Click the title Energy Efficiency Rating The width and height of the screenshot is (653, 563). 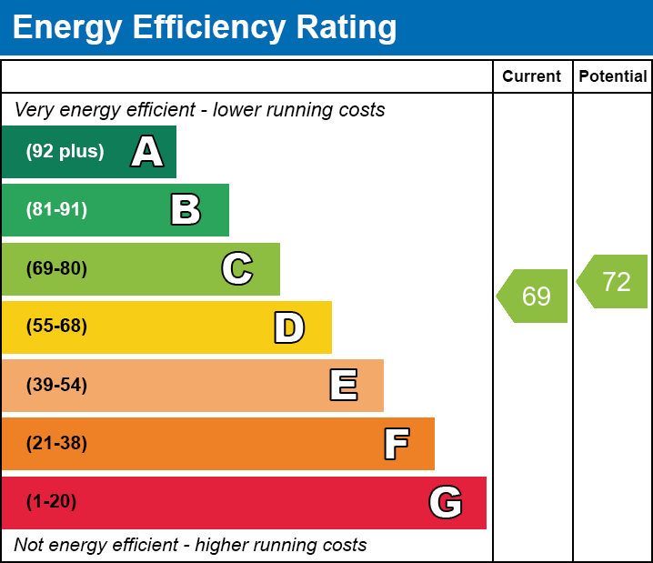pos(205,27)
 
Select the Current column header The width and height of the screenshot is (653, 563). pos(532,77)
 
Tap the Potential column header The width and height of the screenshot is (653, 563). pos(613,77)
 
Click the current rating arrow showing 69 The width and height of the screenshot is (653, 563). pos(534,296)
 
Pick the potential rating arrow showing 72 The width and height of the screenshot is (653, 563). pos(614,282)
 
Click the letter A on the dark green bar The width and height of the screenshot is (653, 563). pos(147,152)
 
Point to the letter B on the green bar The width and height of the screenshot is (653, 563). pos(186,210)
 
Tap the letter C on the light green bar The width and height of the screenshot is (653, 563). pos(237,269)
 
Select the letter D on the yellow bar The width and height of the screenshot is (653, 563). pos(289,327)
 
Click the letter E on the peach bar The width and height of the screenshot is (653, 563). pos(343,386)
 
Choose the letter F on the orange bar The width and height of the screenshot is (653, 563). pos(396,444)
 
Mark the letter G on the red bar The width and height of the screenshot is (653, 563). pos(446,502)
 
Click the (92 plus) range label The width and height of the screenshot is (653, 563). pos(65,152)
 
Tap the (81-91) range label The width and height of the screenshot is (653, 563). pos(56,210)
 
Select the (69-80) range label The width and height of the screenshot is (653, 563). pos(56,269)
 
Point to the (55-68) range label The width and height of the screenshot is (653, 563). pos(56,327)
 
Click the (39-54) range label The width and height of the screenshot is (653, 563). pos(56,386)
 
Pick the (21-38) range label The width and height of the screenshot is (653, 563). pos(56,444)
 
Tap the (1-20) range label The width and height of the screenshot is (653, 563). pos(51,502)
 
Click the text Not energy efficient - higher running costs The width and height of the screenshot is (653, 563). pos(190,545)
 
